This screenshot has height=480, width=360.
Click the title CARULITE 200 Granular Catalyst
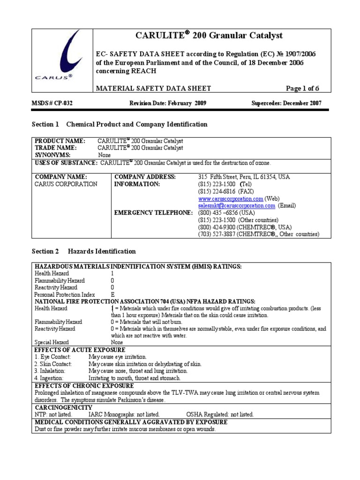pyautogui.click(x=209, y=36)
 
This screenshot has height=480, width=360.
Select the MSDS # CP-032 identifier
pyautogui.click(x=52, y=104)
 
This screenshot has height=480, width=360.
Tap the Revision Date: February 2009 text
pyautogui.click(x=167, y=104)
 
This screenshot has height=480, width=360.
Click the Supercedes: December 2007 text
pyautogui.click(x=286, y=104)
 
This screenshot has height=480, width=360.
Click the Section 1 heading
pyautogui.click(x=119, y=124)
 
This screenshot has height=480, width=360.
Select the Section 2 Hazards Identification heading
pyautogui.click(x=83, y=251)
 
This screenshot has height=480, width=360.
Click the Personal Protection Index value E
pyautogui.click(x=112, y=294)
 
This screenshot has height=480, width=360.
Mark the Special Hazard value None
pyautogui.click(x=117, y=343)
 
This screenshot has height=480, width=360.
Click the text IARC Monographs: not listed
pyautogui.click(x=124, y=415)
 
